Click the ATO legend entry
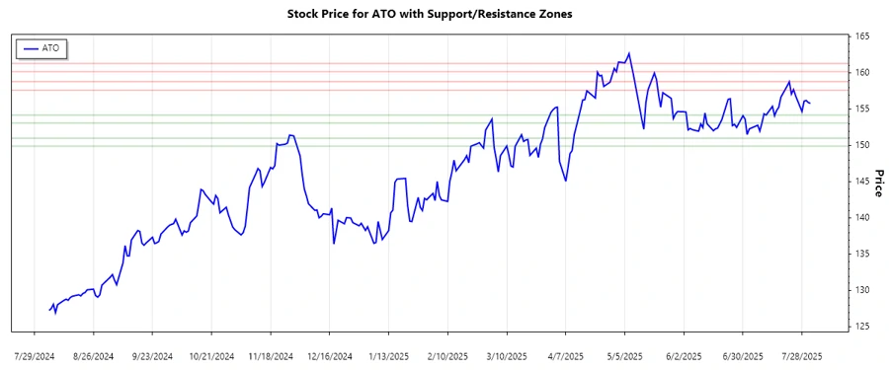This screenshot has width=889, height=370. coord(40,47)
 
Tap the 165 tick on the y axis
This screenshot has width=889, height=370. coord(861,37)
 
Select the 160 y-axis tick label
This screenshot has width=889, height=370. coord(861,73)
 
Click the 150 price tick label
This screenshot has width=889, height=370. coord(861,145)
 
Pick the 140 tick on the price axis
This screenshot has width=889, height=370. coord(861,218)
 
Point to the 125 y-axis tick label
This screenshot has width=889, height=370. coord(861,326)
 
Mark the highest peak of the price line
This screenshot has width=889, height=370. coord(629,53)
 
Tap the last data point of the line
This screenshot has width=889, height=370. coord(811,103)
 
